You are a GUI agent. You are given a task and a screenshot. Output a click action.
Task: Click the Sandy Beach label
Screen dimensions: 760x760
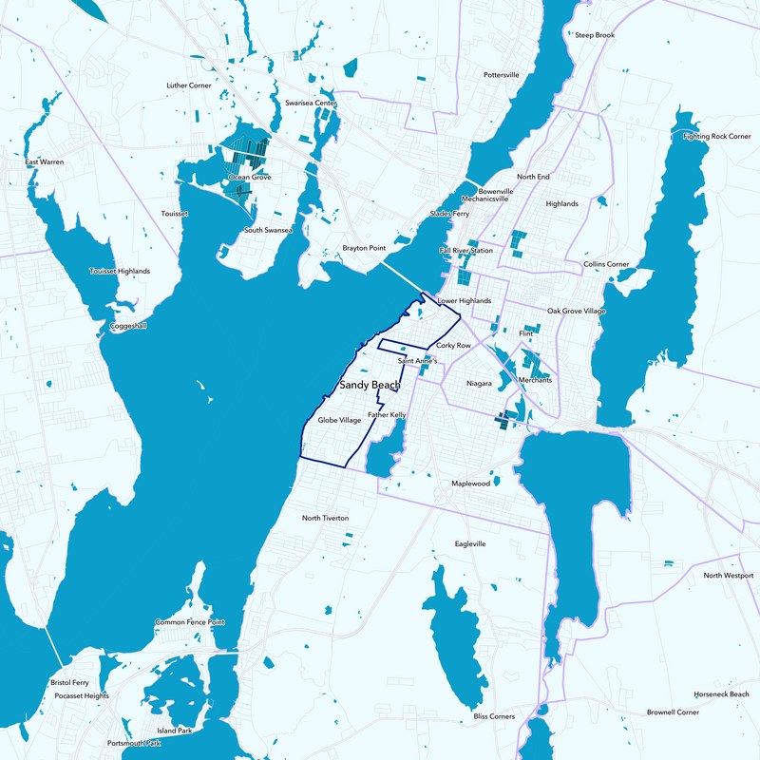pyautogui.click(x=370, y=387)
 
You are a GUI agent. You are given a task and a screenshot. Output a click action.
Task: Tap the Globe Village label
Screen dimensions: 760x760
pyautogui.click(x=339, y=420)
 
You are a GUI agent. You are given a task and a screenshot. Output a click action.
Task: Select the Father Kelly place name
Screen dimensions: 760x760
pyautogui.click(x=388, y=416)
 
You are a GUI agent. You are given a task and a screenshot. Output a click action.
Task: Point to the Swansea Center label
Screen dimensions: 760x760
pyautogui.click(x=312, y=103)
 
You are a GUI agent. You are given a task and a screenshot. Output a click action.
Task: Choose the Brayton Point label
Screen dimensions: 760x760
pyautogui.click(x=364, y=249)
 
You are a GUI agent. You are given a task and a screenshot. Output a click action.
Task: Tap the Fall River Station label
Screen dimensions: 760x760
pyautogui.click(x=465, y=251)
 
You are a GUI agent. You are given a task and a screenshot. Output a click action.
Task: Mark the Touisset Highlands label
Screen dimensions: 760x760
pyautogui.click(x=120, y=272)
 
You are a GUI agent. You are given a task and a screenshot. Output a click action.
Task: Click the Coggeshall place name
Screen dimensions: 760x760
pyautogui.click(x=128, y=326)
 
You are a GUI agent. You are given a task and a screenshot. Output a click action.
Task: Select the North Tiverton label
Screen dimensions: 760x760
pyautogui.click(x=326, y=518)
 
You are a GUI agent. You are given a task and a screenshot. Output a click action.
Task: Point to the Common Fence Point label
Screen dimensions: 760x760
pyautogui.click(x=190, y=622)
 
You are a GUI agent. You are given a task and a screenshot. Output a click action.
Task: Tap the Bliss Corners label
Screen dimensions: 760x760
pyautogui.click(x=494, y=715)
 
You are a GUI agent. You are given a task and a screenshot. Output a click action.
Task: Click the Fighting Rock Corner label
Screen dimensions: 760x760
pyautogui.click(x=717, y=137)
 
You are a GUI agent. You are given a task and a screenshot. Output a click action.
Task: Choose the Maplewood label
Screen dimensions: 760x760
pyautogui.click(x=470, y=484)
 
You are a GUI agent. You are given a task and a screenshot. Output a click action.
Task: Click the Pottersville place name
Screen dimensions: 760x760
pyautogui.click(x=502, y=74)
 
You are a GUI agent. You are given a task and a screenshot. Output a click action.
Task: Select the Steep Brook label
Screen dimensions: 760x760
pyautogui.click(x=595, y=35)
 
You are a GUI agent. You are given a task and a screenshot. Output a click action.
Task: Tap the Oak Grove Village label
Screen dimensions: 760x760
pyautogui.click(x=577, y=312)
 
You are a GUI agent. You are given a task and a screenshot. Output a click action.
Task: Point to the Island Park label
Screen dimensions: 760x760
pyautogui.click(x=175, y=731)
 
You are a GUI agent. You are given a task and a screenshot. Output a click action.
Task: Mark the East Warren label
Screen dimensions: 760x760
pyautogui.click(x=45, y=162)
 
